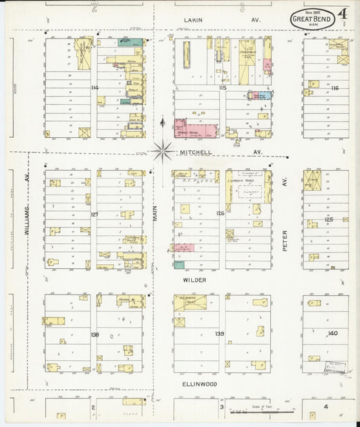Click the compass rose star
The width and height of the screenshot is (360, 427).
(x=162, y=150)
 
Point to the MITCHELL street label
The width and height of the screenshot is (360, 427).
(x=196, y=153)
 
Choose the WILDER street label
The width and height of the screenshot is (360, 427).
(x=194, y=279)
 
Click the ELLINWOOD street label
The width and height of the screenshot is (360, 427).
(x=199, y=384)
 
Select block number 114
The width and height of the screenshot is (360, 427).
(x=95, y=88)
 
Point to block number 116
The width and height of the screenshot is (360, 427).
(x=334, y=89)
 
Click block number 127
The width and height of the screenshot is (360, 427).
(x=95, y=214)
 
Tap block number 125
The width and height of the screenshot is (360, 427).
(x=329, y=220)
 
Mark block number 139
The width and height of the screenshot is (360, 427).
(x=220, y=334)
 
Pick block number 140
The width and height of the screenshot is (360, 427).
(x=332, y=334)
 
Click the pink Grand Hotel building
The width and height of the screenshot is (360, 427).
(x=190, y=128)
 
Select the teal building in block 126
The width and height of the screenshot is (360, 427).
(x=179, y=264)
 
